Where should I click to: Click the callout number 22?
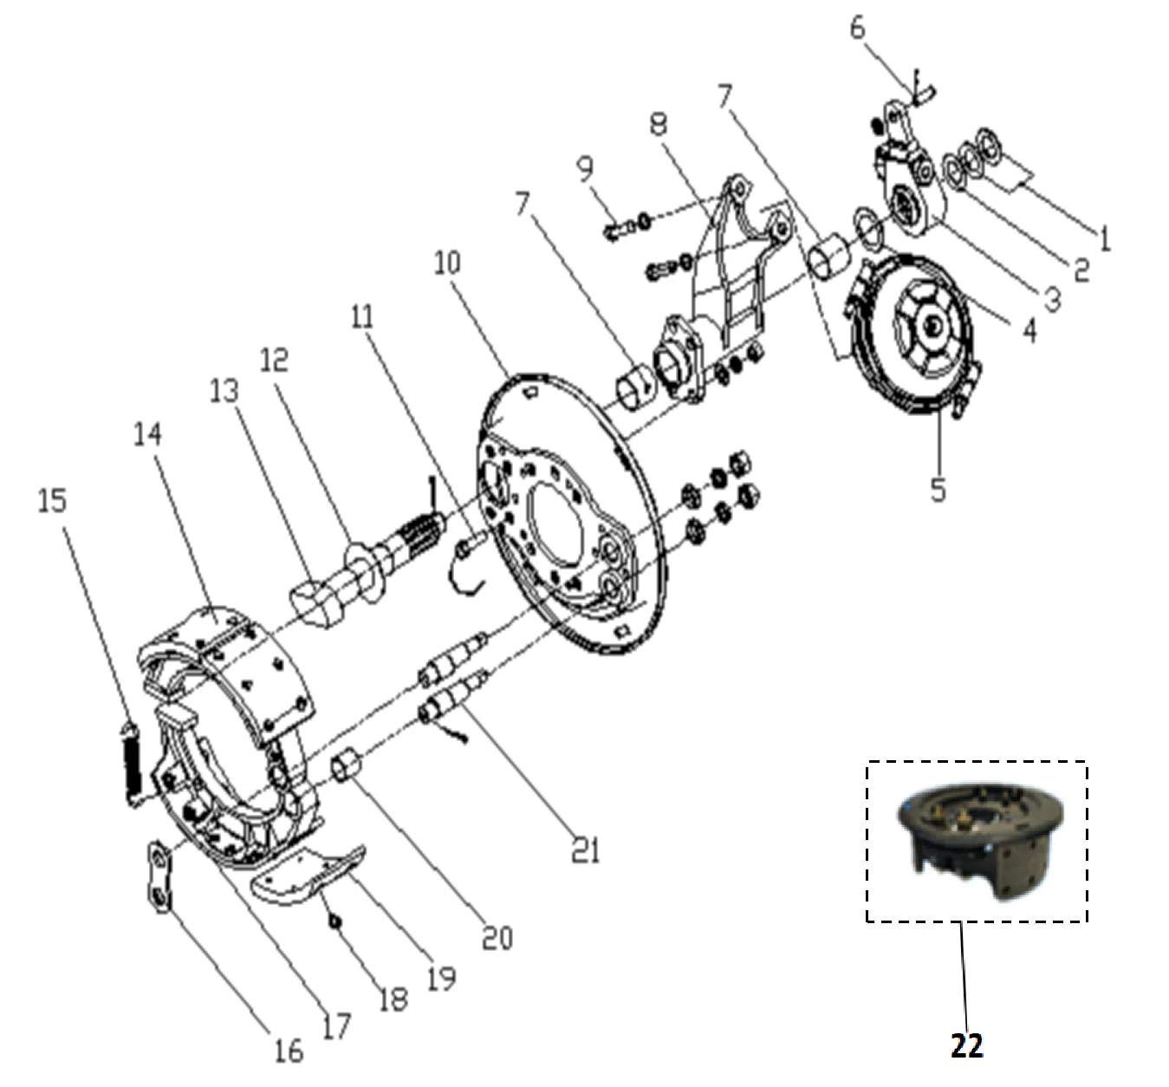[966, 1045]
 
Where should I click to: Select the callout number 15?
[53, 500]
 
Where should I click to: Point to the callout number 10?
[447, 263]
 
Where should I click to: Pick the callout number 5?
[938, 489]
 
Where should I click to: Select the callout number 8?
[658, 125]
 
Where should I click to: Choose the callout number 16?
[289, 1051]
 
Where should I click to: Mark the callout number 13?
[223, 392]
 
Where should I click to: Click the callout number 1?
[1104, 238]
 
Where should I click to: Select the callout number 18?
[393, 999]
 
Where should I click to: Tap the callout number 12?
[273, 360]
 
